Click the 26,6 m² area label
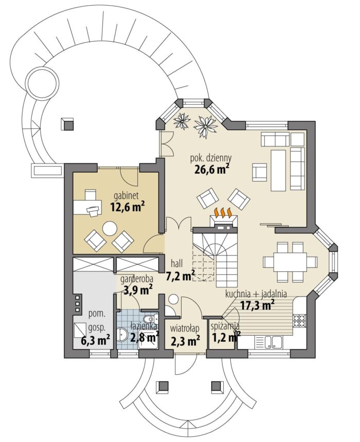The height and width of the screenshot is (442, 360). [x=211, y=170]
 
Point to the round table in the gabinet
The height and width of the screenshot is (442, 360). [x=110, y=228]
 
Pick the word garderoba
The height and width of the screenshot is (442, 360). [x=137, y=279]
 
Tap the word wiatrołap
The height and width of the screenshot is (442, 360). [x=185, y=328]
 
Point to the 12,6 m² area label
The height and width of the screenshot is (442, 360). [x=128, y=207]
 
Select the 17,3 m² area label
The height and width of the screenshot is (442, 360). [x=257, y=305]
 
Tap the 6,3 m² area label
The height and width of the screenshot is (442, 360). [x=95, y=340]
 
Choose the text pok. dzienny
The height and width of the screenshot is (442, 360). [x=211, y=158]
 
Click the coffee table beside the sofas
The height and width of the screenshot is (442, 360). [x=278, y=170]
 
